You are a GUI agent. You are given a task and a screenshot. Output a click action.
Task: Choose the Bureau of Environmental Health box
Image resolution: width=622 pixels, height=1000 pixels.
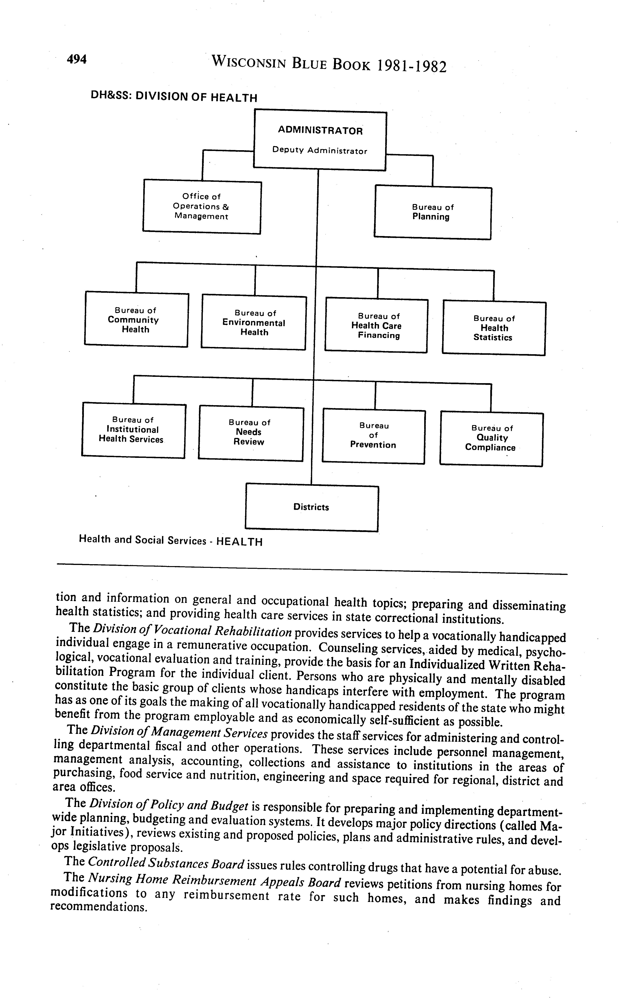pos(254,323)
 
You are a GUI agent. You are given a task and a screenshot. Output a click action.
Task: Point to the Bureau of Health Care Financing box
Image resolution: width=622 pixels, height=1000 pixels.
pos(376,325)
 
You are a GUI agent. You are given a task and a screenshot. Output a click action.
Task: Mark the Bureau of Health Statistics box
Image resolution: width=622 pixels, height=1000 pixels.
pos(494,328)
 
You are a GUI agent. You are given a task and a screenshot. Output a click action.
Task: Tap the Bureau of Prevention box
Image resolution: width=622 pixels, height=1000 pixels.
pos(373,436)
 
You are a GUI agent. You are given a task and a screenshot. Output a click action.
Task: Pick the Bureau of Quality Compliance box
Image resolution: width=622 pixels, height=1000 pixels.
pos(491,439)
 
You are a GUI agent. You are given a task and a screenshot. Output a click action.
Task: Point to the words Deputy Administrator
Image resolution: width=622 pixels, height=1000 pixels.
pos(320,151)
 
